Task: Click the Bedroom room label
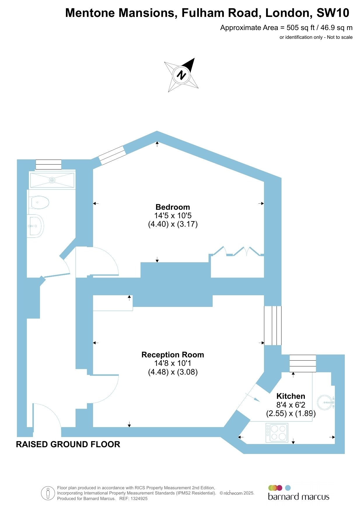click(173, 207)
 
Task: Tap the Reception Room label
click(173, 355)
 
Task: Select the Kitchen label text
click(291, 396)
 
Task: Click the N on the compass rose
click(181, 75)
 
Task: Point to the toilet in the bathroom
click(39, 202)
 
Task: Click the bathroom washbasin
click(35, 226)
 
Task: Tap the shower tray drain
click(52, 180)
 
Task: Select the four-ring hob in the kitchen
click(277, 433)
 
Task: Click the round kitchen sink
click(326, 403)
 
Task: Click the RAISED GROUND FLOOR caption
click(68, 444)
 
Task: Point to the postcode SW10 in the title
click(333, 13)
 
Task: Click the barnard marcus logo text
click(298, 497)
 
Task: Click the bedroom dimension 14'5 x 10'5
click(173, 216)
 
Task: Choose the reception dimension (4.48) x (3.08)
click(173, 372)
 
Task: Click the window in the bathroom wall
click(48, 165)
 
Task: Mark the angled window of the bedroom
click(112, 155)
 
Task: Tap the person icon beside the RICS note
click(48, 493)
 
